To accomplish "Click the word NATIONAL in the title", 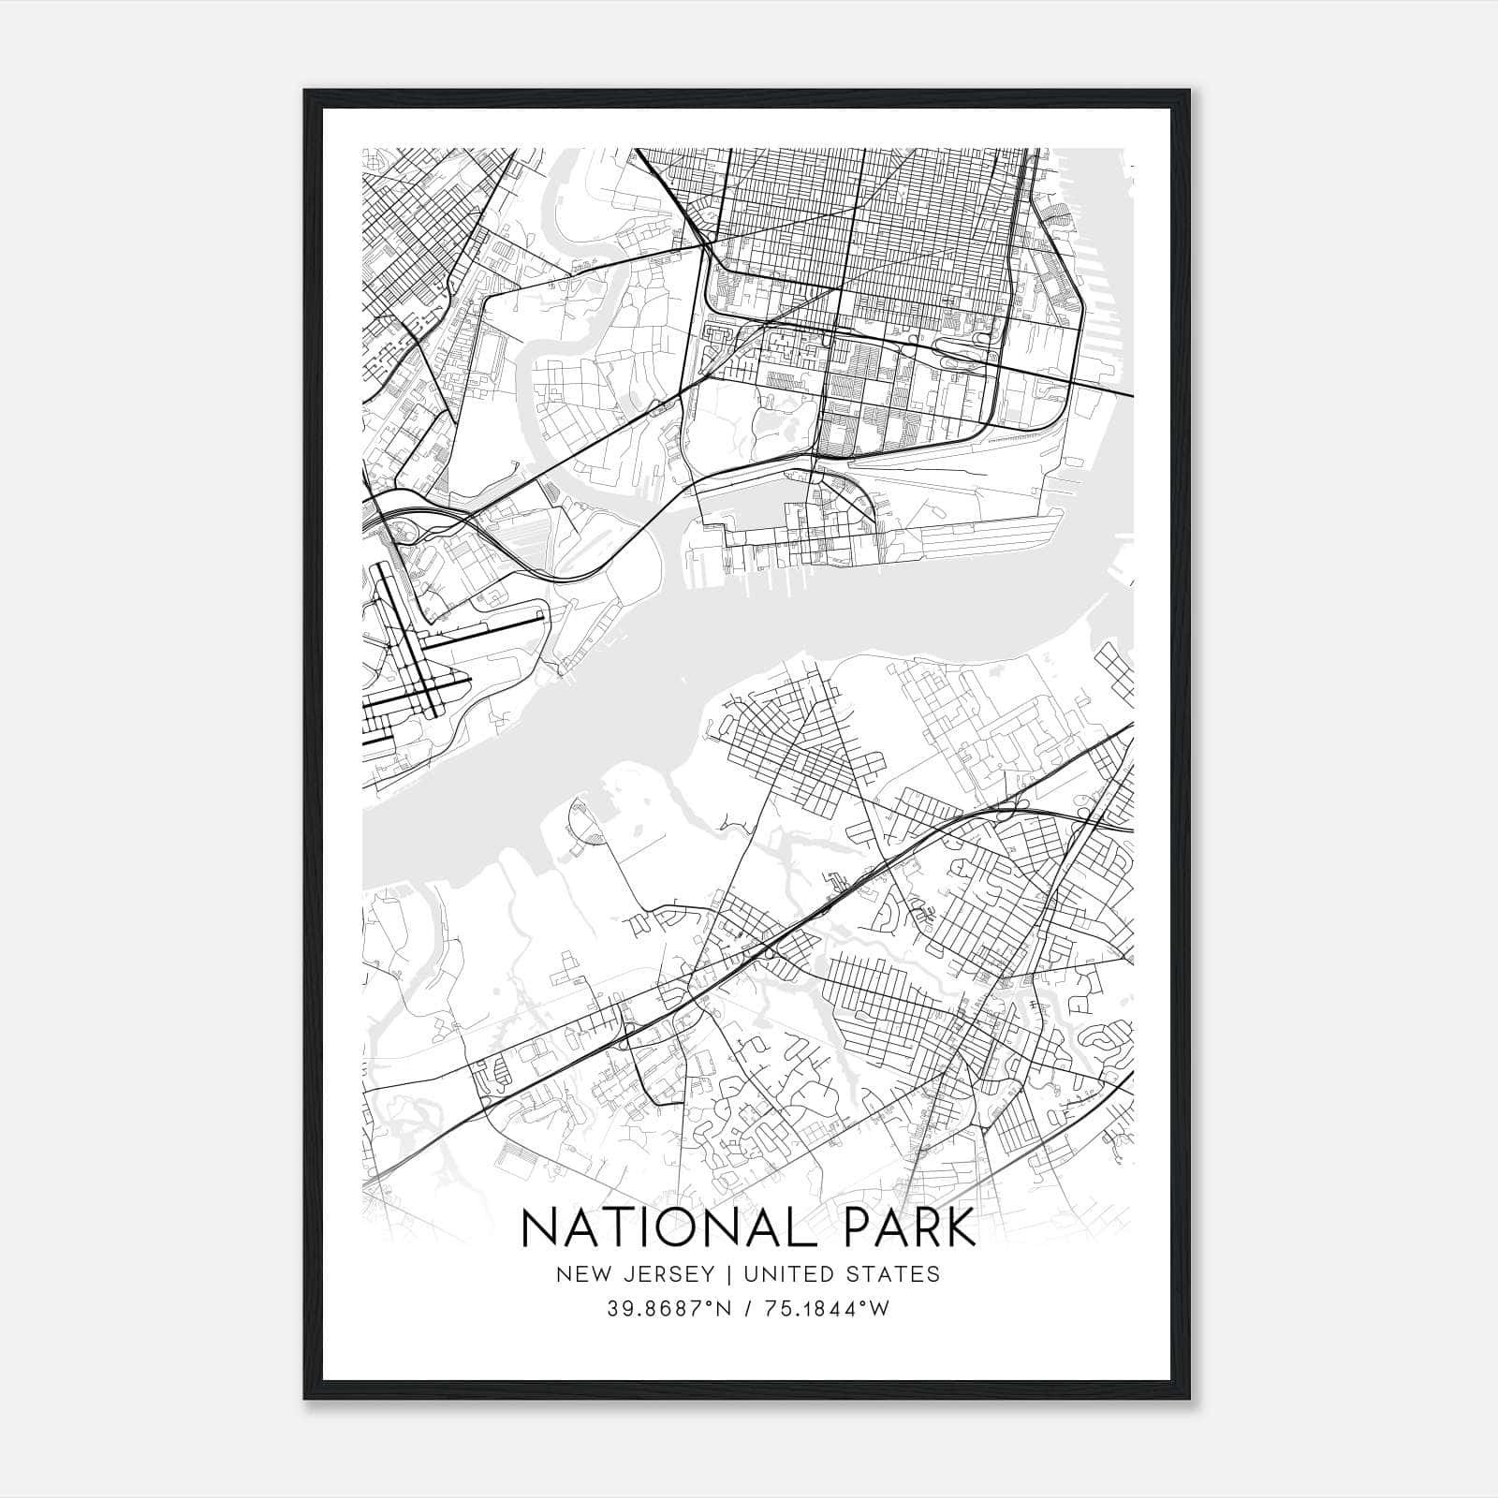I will point(672,1228).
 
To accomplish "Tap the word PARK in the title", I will point(910,1228).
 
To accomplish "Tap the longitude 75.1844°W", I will point(825,1309).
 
